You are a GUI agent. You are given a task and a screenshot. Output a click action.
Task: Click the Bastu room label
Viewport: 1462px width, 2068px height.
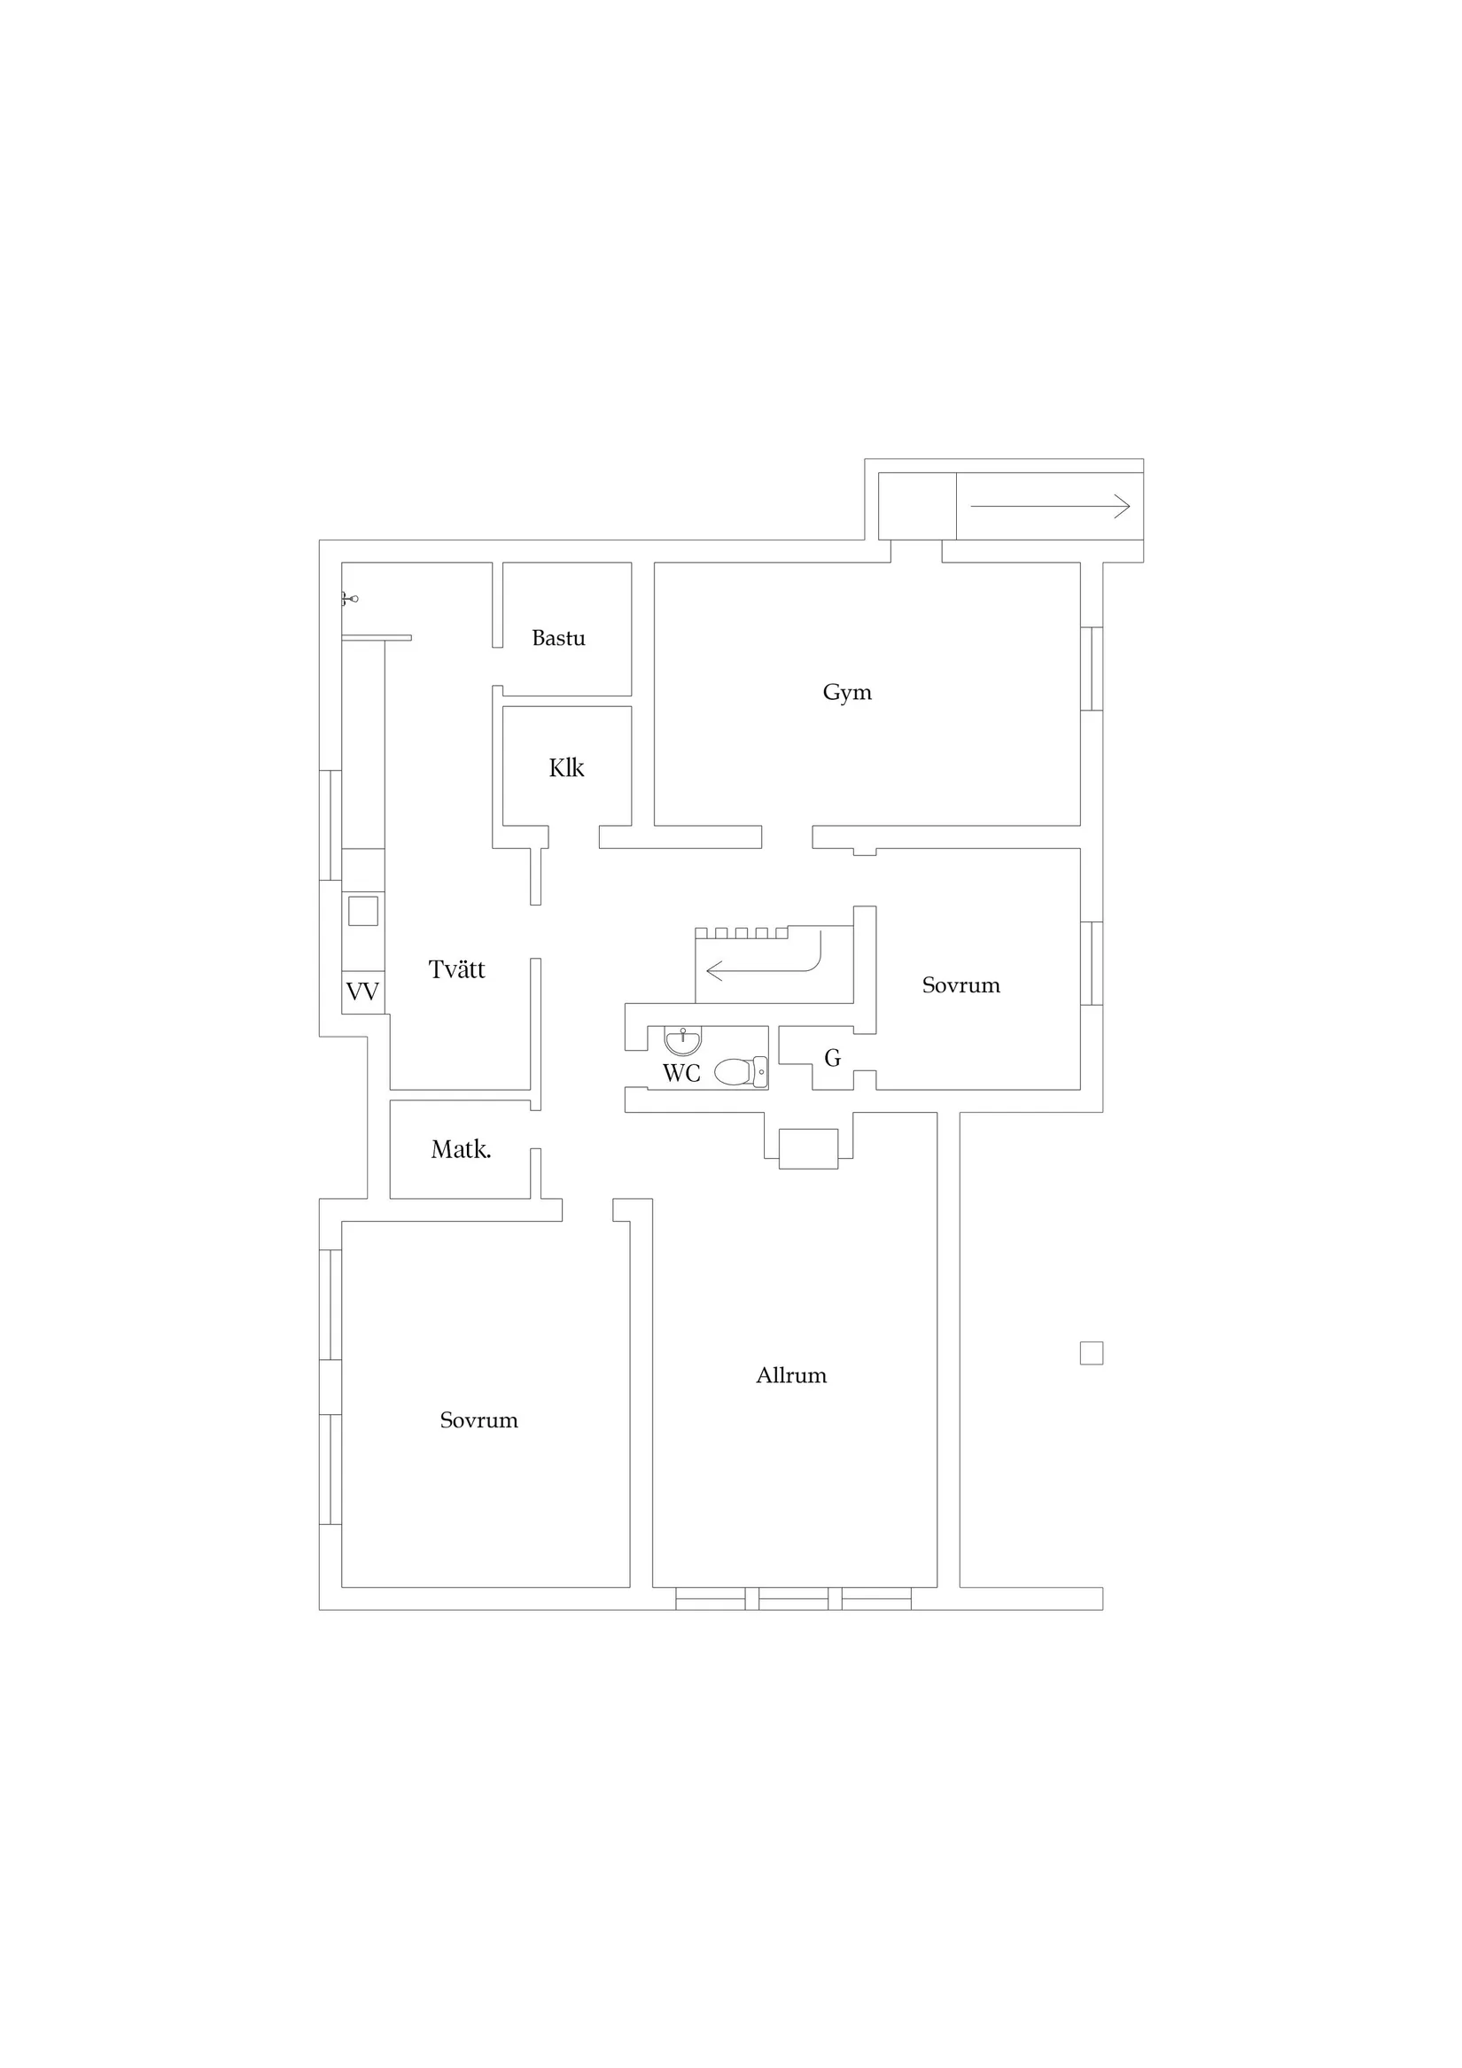coord(558,638)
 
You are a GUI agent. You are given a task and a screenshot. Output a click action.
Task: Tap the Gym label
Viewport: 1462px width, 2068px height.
coord(847,693)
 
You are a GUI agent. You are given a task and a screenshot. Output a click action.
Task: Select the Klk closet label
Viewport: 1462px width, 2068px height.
coord(566,767)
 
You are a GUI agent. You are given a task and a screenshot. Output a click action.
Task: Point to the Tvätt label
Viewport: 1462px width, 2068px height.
coord(456,969)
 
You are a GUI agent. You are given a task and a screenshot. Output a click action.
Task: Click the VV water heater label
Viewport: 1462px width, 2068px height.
coord(362,991)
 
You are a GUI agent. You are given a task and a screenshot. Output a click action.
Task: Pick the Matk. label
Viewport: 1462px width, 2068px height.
coord(462,1149)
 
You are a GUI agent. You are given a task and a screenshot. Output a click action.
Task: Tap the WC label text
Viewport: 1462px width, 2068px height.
coord(681,1073)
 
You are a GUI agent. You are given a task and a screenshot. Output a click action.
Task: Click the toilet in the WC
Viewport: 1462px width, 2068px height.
coord(741,1072)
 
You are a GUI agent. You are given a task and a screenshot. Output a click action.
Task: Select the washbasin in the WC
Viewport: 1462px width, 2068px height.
coord(683,1040)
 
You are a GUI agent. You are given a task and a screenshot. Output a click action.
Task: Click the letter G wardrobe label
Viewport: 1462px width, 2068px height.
coord(832,1058)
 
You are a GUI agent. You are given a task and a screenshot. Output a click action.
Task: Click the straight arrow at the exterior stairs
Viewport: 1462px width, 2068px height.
coord(1050,506)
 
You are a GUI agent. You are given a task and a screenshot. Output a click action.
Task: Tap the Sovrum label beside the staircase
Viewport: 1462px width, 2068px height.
coord(961,985)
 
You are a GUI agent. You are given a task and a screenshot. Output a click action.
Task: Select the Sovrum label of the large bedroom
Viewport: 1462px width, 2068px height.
coord(478,1420)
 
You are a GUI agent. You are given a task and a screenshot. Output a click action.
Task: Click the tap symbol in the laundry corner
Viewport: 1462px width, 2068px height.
coord(349,598)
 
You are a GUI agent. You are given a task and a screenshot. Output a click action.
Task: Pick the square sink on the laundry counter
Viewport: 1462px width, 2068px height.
coord(363,911)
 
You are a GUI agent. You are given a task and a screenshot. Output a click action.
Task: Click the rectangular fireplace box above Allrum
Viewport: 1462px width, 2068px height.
coord(808,1148)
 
